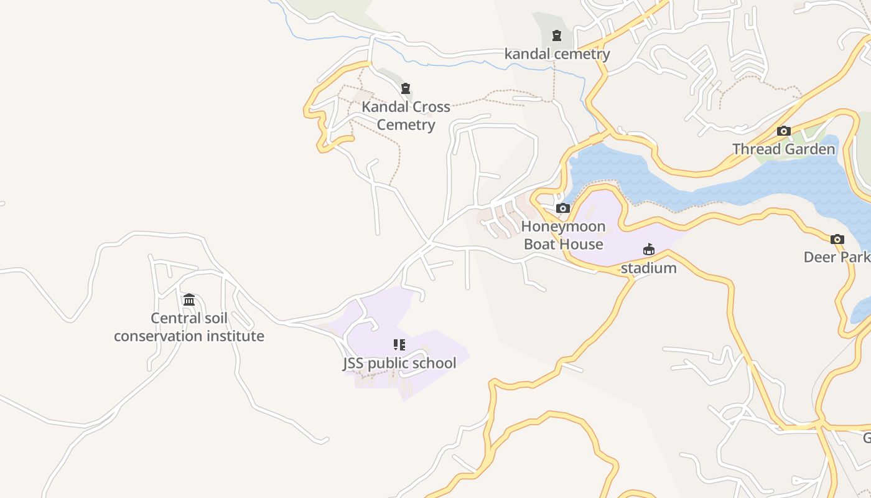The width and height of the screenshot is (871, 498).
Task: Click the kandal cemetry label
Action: [557, 54]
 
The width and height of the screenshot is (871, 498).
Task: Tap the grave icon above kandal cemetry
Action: [557, 35]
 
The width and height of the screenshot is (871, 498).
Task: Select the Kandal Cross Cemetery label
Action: [406, 116]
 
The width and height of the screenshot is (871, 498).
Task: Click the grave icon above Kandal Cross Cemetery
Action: [406, 88]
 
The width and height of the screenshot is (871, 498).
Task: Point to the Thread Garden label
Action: [783, 149]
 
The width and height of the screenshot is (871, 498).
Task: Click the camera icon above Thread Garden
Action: [784, 131]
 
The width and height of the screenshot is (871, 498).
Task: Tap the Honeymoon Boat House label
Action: [563, 235]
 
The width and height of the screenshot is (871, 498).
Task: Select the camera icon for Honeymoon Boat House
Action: [563, 208]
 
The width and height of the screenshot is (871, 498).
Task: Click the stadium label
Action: [648, 268]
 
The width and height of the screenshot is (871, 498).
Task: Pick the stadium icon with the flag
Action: [649, 250]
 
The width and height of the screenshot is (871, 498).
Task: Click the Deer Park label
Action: [836, 257]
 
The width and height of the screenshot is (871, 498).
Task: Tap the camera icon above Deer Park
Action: [837, 239]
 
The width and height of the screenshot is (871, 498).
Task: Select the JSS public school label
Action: [399, 364]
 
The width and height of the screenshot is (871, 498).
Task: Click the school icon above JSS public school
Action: [399, 345]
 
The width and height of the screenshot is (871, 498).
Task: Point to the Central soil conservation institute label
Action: [189, 327]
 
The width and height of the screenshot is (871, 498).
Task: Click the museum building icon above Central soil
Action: [189, 300]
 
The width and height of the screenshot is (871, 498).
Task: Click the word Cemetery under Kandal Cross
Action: [406, 125]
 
